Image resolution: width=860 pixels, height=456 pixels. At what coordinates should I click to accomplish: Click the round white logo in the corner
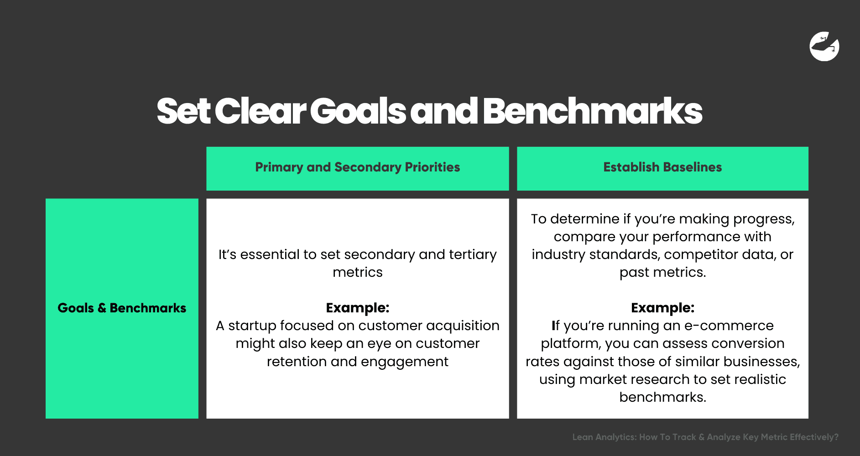[824, 47]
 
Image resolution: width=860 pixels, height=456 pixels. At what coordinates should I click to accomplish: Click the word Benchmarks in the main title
[592, 112]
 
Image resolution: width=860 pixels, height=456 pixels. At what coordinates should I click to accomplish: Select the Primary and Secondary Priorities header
[357, 168]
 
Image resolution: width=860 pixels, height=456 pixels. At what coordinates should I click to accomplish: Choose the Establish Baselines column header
[662, 168]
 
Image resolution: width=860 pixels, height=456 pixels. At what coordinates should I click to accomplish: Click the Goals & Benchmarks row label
[122, 308]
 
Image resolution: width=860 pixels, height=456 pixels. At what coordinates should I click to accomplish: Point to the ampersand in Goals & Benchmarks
[102, 308]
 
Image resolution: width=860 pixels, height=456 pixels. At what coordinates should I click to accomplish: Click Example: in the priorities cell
[357, 308]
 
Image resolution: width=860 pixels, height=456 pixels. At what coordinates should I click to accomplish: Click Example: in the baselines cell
[662, 308]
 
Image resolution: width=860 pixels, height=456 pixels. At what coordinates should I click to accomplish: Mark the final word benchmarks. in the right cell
[662, 397]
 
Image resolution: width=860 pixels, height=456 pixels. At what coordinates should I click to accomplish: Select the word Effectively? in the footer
[814, 437]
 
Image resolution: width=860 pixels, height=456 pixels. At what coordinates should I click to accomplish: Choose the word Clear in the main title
[260, 112]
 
